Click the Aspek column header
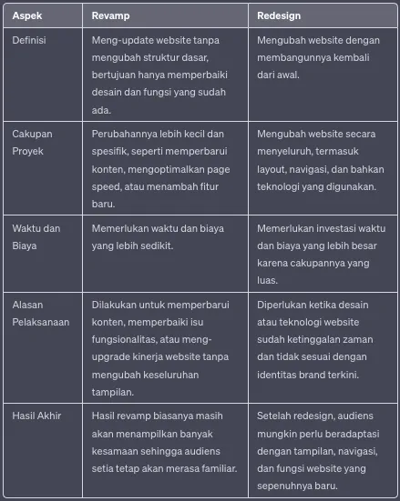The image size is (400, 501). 26,16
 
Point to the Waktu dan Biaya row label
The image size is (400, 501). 37,237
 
